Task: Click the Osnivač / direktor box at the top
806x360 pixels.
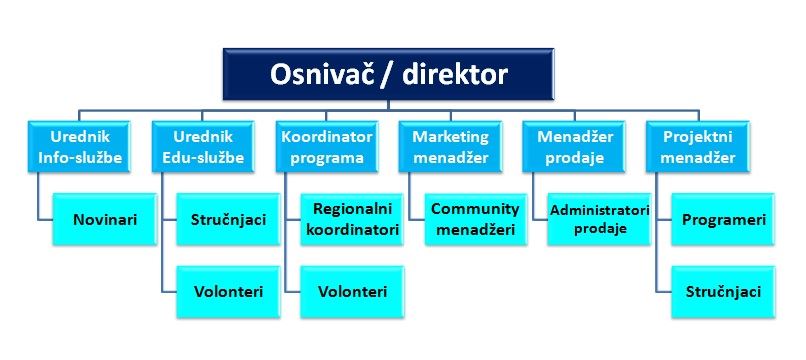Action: tap(389, 75)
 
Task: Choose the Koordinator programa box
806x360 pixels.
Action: tap(327, 146)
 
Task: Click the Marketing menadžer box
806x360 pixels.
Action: tap(451, 146)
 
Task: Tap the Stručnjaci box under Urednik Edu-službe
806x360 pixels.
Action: tap(227, 218)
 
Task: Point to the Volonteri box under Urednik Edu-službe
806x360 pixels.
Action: tap(227, 291)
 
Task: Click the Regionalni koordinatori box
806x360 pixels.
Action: tap(352, 218)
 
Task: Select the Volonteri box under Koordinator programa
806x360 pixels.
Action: tap(352, 291)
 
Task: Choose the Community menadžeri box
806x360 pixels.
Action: tap(475, 218)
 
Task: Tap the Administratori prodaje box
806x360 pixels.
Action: tap(599, 218)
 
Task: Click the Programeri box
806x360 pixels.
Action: tap(724, 218)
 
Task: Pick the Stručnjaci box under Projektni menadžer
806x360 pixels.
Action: tap(724, 291)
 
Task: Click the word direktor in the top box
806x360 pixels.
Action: tap(452, 75)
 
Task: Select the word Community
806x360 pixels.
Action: tap(476, 209)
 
